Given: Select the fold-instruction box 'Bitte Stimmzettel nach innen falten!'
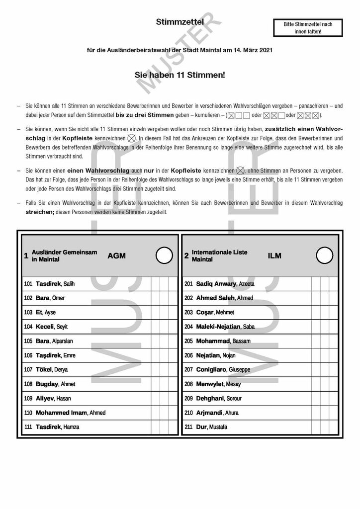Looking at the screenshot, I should [x=308, y=27].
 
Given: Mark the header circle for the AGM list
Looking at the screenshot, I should [x=164, y=255].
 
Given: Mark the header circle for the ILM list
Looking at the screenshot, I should [x=325, y=255].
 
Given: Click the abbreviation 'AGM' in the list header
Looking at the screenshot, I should [x=116, y=256].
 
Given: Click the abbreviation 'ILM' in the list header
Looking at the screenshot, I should [x=274, y=256].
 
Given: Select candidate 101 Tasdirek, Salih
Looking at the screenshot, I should [x=55, y=284].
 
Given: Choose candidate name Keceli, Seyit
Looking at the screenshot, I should [x=52, y=327].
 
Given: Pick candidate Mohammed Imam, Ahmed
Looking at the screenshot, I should [x=70, y=413].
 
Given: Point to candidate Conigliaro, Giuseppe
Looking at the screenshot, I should [x=223, y=370].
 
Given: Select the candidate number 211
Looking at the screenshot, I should [x=188, y=427].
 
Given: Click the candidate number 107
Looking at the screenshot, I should [x=28, y=370].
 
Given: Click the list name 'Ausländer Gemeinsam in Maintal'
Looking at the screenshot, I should [x=64, y=256].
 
